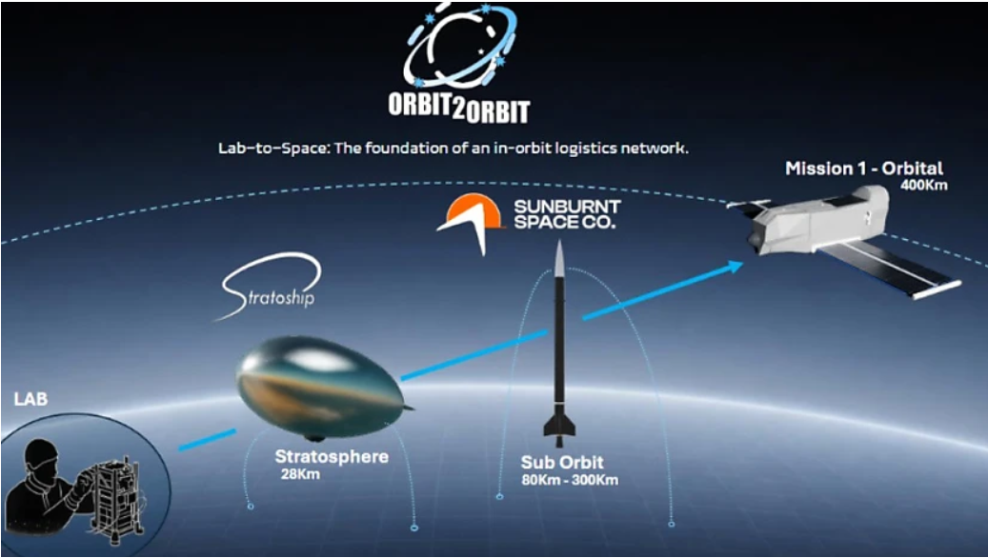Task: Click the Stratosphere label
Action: coord(332,457)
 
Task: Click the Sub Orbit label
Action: coord(559,463)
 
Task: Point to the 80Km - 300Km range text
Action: coord(569,480)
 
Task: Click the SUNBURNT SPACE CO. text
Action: coord(566,214)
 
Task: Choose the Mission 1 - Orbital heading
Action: coord(864,169)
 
